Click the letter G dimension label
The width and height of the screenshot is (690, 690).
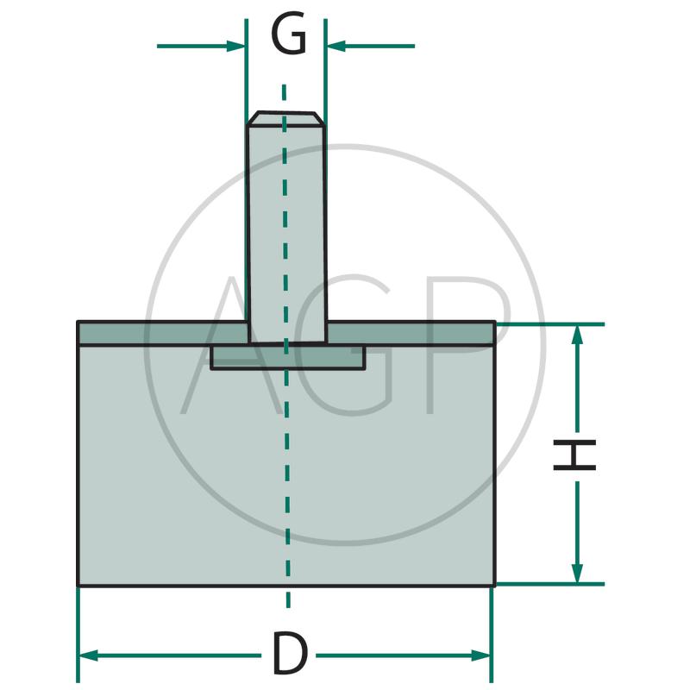(x=289, y=33)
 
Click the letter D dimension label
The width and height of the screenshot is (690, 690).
(x=289, y=653)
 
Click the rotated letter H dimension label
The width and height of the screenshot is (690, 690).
(x=574, y=455)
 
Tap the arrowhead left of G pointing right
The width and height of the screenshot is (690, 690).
(x=235, y=46)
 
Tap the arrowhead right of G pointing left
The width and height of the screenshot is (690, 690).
(x=336, y=46)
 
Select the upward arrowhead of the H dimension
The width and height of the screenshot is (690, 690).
(x=577, y=335)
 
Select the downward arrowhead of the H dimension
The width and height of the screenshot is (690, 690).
(x=577, y=574)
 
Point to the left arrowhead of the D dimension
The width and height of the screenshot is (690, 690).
(x=88, y=655)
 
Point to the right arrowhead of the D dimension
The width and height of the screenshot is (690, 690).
(x=480, y=655)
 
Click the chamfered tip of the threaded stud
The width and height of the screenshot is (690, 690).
(x=286, y=119)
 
